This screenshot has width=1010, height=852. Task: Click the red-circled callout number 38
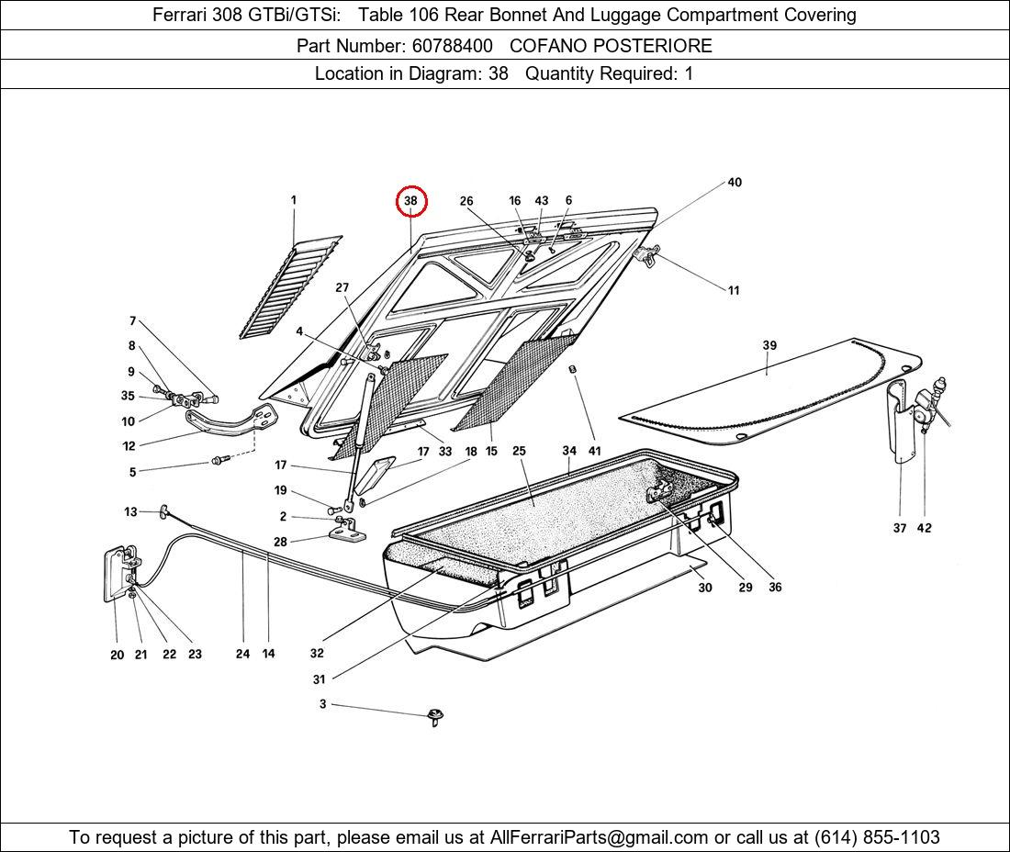[410, 201]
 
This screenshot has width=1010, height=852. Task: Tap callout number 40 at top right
[735, 183]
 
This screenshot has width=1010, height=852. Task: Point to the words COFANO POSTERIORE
[611, 45]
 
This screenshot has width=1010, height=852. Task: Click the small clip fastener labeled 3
[434, 716]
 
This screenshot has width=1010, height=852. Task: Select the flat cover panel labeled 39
[771, 390]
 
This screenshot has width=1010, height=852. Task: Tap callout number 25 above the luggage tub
[519, 451]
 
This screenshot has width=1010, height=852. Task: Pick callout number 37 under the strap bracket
[900, 528]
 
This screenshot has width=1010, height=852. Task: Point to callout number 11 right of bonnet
[734, 291]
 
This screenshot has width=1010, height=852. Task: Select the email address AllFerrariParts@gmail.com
[600, 837]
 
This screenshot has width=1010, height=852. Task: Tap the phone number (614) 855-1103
[877, 837]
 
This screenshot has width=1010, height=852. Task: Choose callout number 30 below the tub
[704, 588]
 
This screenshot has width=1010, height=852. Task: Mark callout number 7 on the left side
[132, 321]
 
